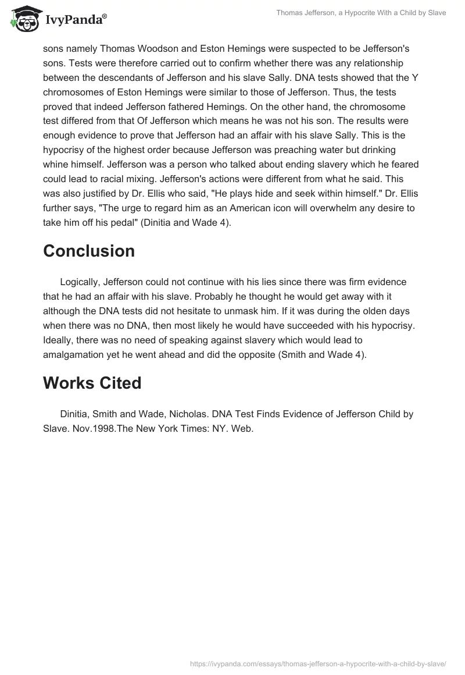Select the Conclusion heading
click(89, 251)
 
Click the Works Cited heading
click(92, 383)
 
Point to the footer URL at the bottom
click(318, 663)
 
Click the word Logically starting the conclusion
click(80, 282)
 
